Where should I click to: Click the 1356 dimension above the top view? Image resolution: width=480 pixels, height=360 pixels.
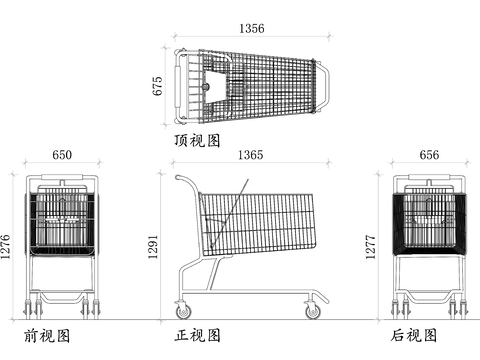pos(252,29)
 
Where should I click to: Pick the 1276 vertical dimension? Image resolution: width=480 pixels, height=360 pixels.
pos(8,247)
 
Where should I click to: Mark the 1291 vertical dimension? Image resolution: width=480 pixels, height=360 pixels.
pos(153,247)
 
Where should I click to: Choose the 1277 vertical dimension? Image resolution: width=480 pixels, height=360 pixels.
pos(371,247)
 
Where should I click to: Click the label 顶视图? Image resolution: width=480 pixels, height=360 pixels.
pos(197,141)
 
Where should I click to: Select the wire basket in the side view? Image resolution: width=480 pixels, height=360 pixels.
pos(262,222)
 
